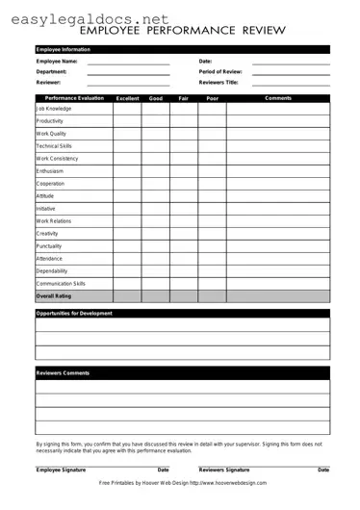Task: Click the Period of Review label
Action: click(x=220, y=72)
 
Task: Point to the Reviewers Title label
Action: click(x=219, y=83)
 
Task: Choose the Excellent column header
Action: click(x=127, y=98)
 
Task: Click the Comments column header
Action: click(x=278, y=98)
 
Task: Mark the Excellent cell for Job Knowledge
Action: click(x=127, y=109)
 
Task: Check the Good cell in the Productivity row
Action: click(x=156, y=121)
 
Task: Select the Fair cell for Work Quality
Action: click(x=184, y=134)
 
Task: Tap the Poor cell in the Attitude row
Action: click(x=213, y=196)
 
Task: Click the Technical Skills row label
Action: click(x=54, y=146)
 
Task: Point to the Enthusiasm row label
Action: click(x=50, y=171)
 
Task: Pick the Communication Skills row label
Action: click(x=61, y=284)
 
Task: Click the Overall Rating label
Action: click(x=54, y=296)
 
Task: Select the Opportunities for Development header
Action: click(x=74, y=314)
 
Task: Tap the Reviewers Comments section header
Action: click(x=63, y=373)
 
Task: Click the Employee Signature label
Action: click(x=62, y=470)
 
